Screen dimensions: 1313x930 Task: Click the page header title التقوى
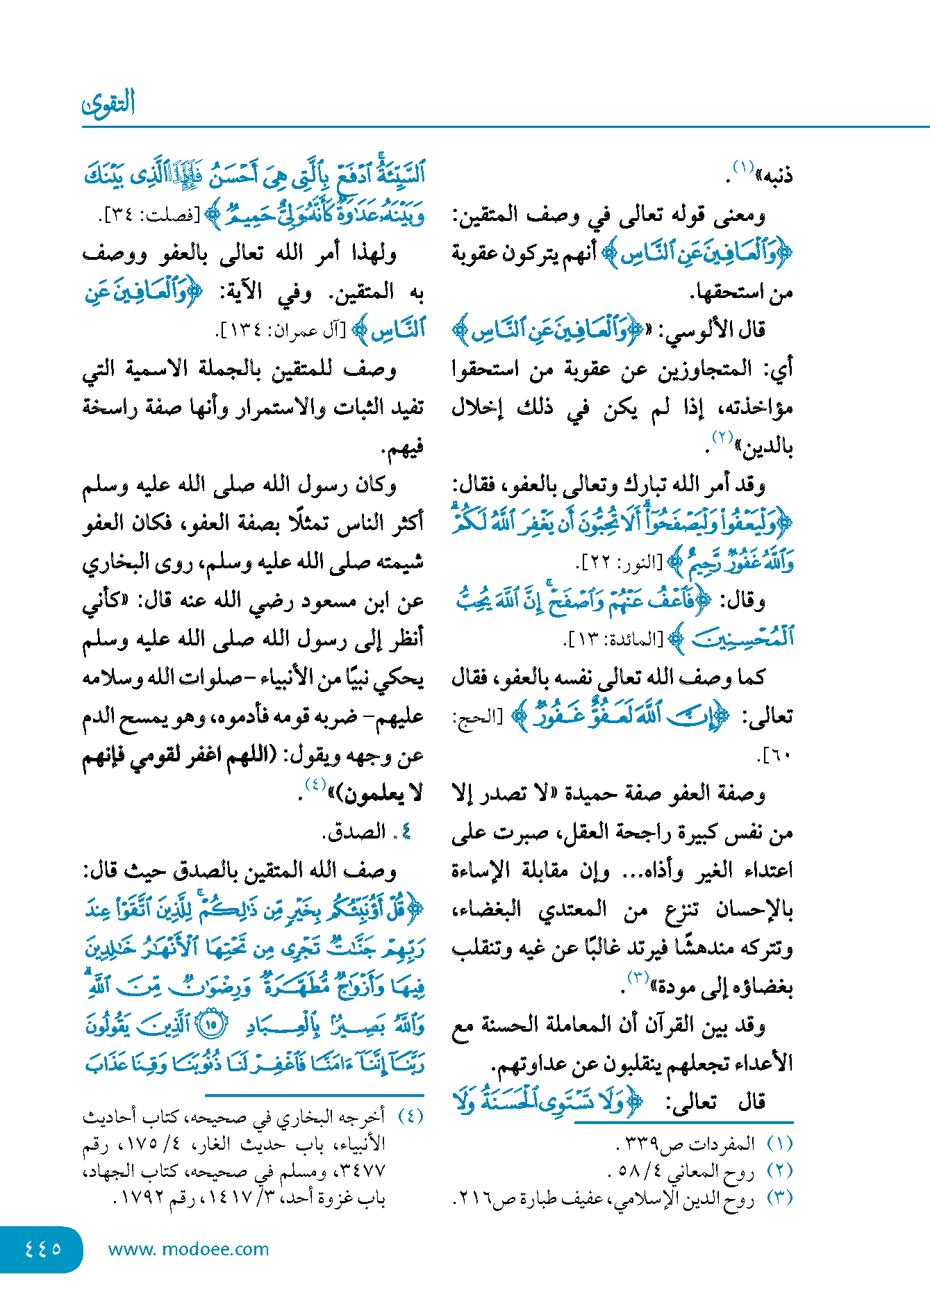click(x=108, y=104)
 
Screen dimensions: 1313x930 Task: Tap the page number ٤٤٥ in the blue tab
click(x=42, y=1248)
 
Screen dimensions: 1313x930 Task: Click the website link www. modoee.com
click(x=188, y=1249)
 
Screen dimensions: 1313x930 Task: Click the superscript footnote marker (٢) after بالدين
click(x=722, y=438)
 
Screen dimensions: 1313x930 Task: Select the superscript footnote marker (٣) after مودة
click(x=638, y=977)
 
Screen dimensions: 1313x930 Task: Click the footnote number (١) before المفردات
click(x=779, y=1143)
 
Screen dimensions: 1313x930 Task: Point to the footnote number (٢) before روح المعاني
click(x=779, y=1171)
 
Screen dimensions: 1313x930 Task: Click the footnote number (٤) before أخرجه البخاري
click(x=410, y=1116)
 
